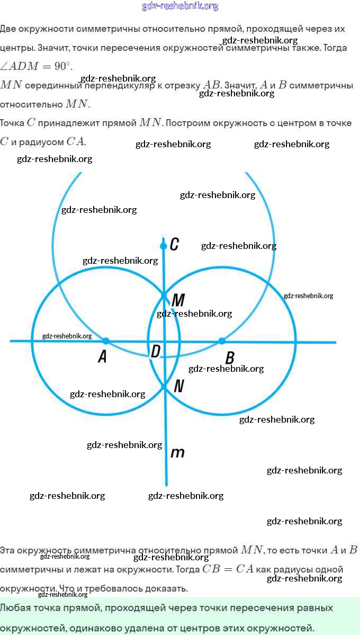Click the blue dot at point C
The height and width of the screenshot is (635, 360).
click(x=164, y=246)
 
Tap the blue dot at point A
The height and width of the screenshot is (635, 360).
click(x=106, y=341)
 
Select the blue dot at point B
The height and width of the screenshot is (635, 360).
click(x=222, y=341)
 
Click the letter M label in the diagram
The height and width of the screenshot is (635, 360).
click(x=178, y=300)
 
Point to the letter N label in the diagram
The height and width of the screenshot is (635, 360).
click(x=178, y=386)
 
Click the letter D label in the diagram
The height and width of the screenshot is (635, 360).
click(x=155, y=351)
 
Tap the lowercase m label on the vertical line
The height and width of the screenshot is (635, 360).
click(x=177, y=453)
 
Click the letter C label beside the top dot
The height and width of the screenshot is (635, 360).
click(x=174, y=244)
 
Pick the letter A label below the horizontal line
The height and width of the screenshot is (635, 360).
click(x=102, y=357)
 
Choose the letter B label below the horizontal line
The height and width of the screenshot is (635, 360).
click(x=230, y=358)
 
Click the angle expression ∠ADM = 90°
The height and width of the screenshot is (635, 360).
click(x=36, y=66)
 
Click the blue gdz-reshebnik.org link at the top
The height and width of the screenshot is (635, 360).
click(x=180, y=6)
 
